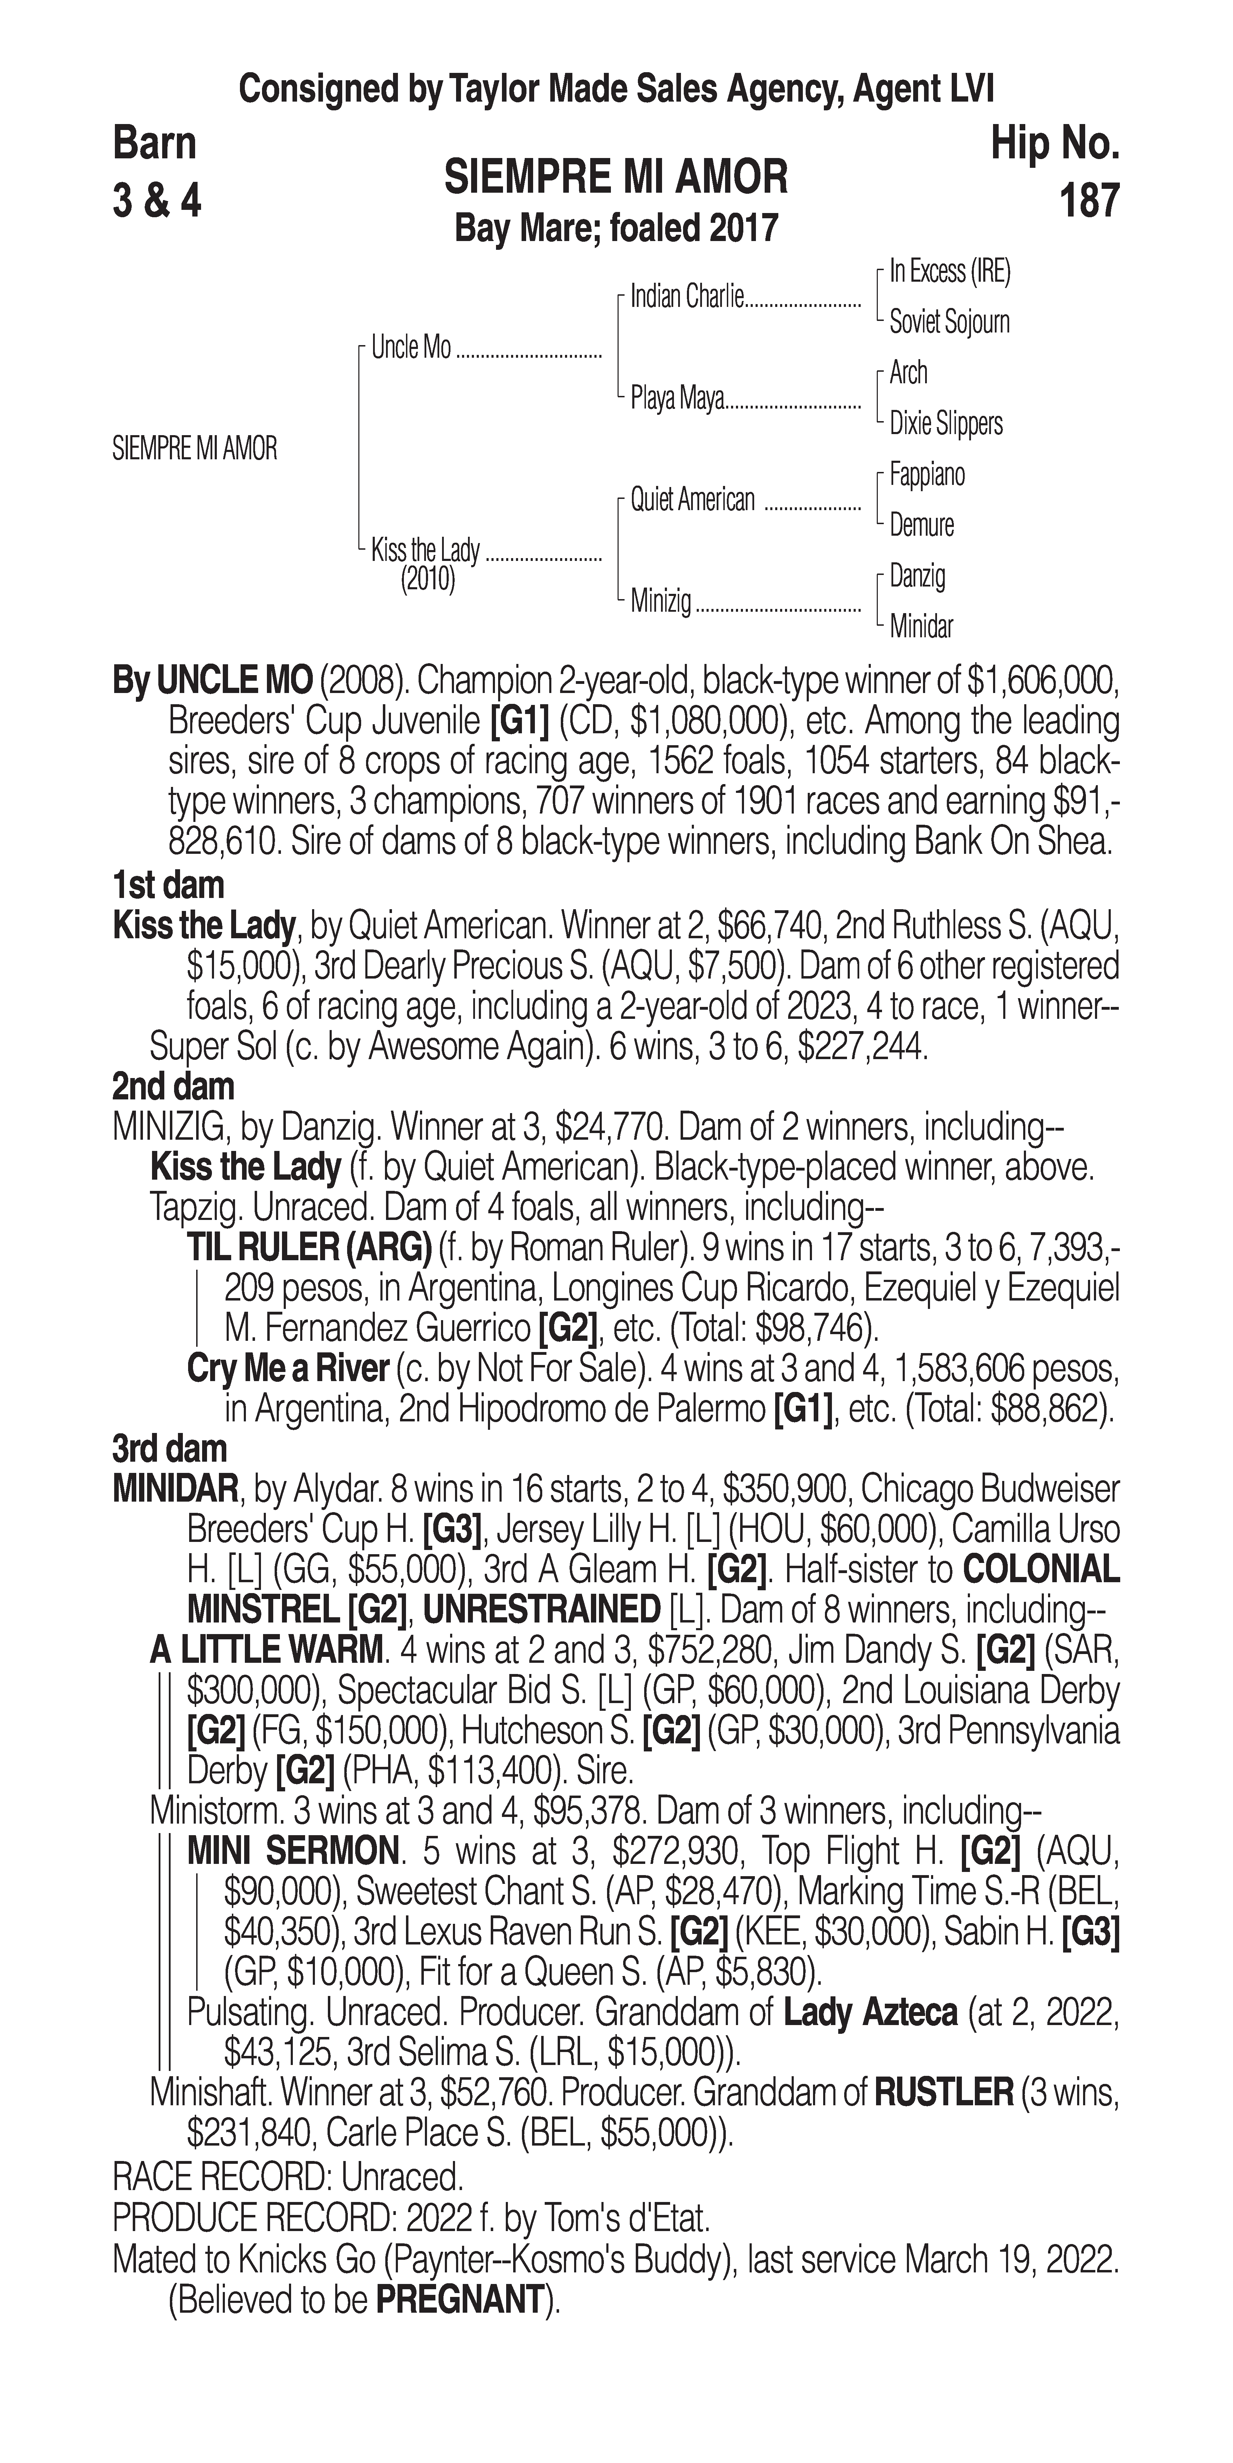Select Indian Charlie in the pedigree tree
(686, 297)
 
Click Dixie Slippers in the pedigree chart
(945, 424)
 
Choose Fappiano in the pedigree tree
(926, 474)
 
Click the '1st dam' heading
(168, 885)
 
